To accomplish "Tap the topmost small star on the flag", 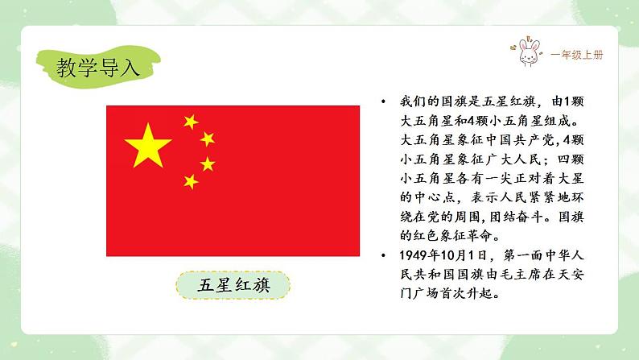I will [191, 122].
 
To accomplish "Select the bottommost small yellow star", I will [191, 181].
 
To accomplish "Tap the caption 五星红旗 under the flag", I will [233, 286].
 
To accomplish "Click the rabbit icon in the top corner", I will [527, 54].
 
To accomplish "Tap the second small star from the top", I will [208, 139].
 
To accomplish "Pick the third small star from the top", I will [208, 163].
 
